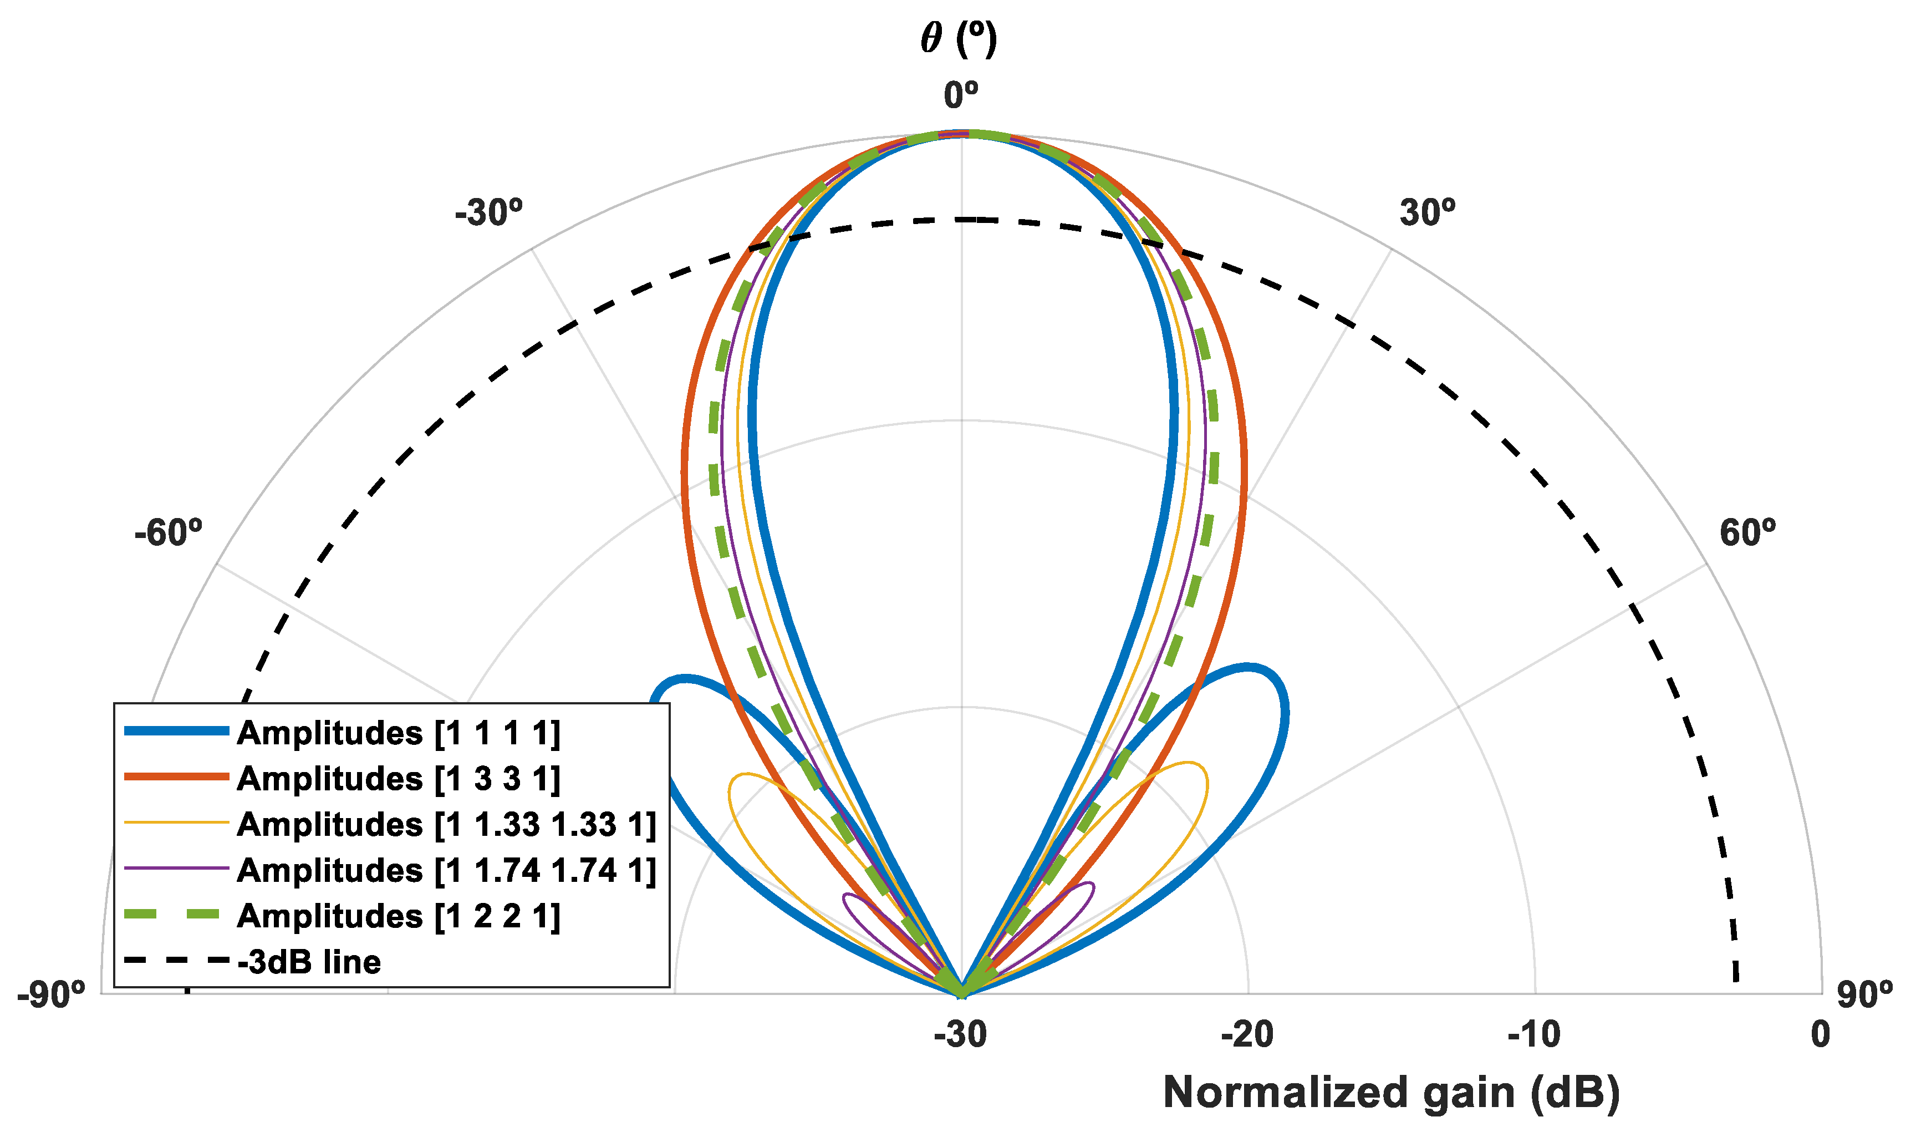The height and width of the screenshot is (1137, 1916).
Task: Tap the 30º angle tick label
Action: [1428, 212]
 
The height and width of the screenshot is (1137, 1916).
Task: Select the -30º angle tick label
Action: [488, 212]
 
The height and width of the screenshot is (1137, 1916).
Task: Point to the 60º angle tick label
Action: [1747, 532]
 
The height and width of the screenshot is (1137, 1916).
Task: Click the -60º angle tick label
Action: [169, 532]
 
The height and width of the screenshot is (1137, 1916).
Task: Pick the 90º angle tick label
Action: [1864, 995]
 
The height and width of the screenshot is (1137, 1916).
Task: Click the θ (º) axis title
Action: [959, 38]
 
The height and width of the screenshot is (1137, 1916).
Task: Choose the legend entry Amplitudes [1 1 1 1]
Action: [398, 733]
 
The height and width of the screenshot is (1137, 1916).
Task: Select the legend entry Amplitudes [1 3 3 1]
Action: [398, 779]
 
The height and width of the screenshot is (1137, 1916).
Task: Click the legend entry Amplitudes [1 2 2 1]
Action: [398, 916]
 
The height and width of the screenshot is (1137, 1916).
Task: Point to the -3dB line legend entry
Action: [309, 962]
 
